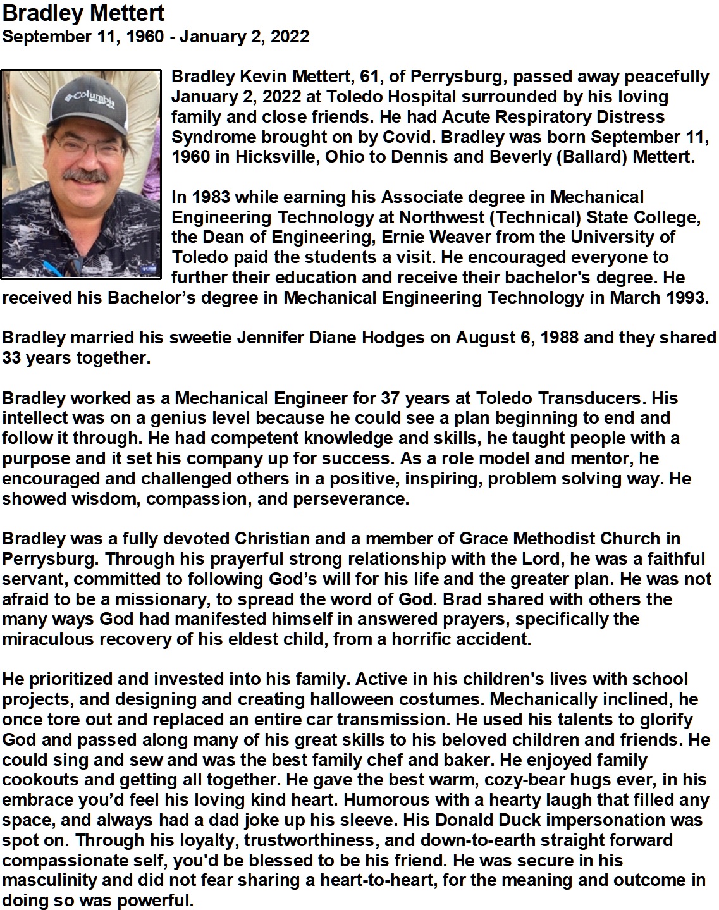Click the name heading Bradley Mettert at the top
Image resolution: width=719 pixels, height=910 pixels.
[x=83, y=13]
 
